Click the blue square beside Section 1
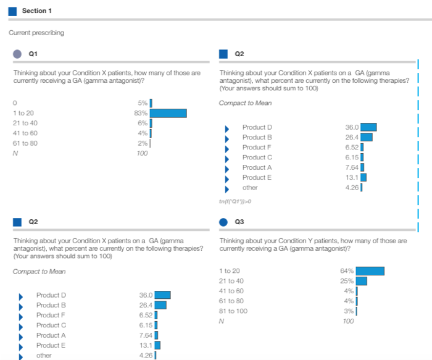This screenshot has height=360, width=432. pyautogui.click(x=13, y=11)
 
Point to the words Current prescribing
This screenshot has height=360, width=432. pyautogui.click(x=36, y=32)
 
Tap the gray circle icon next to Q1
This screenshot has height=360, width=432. pyautogui.click(x=18, y=54)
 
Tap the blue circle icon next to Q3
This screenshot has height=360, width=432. pyautogui.click(x=224, y=221)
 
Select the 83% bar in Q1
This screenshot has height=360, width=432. pyautogui.click(x=168, y=113)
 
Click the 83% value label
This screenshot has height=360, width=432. pyautogui.click(x=141, y=113)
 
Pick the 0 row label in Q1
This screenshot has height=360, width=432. pyautogui.click(x=15, y=103)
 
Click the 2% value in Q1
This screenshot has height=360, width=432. pyautogui.click(x=143, y=143)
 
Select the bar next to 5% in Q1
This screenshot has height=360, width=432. pyautogui.click(x=151, y=103)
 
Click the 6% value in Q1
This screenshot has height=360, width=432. pyautogui.click(x=143, y=123)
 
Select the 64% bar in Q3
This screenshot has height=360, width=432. pyautogui.click(x=370, y=270)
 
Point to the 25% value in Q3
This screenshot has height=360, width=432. pyautogui.click(x=347, y=281)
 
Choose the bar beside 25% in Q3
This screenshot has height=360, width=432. pyautogui.click(x=362, y=281)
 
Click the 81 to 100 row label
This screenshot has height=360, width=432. pyautogui.click(x=233, y=311)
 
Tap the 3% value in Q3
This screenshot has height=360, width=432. pyautogui.click(x=349, y=311)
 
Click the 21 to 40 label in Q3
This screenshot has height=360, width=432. pyautogui.click(x=231, y=281)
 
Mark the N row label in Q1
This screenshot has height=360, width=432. pyautogui.click(x=15, y=153)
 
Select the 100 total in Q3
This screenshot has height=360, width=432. pyautogui.click(x=349, y=321)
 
